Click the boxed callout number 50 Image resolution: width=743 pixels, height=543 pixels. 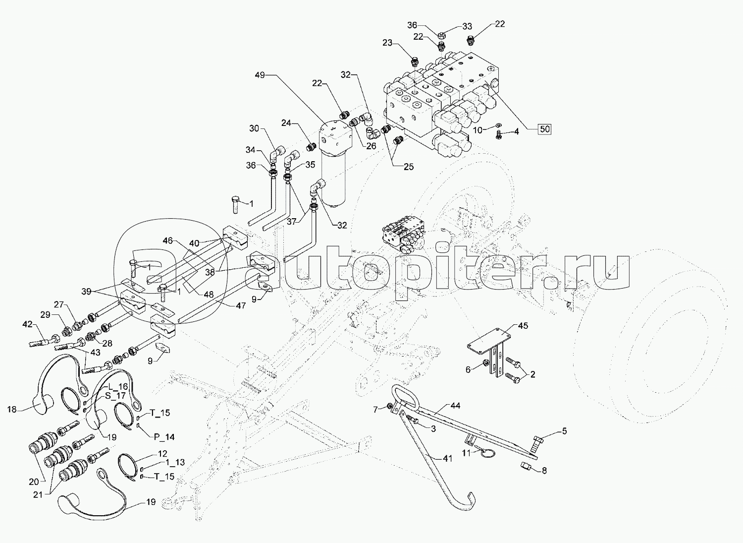pos(544,129)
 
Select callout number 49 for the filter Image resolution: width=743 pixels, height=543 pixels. pos(260,75)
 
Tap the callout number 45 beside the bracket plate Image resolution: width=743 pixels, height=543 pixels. pos(523,326)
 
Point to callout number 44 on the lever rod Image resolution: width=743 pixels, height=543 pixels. pos(455,406)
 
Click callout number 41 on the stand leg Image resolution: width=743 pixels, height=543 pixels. pos(447,459)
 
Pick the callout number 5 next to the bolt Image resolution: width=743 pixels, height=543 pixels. pos(564,431)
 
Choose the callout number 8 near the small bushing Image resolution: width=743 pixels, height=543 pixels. pos(544,471)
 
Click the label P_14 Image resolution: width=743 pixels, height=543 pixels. pos(163,437)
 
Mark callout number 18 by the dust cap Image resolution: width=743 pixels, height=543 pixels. pos(12,410)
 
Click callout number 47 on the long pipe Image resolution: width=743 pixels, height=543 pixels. pos(241,306)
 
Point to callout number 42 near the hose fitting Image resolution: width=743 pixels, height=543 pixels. pos(27,325)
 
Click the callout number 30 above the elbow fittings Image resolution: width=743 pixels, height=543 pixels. pos(254,128)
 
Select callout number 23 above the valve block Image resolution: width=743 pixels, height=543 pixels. pos(387,43)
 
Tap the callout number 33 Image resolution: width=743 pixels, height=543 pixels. pos(467,27)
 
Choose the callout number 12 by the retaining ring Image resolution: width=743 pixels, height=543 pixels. pos(162,454)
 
